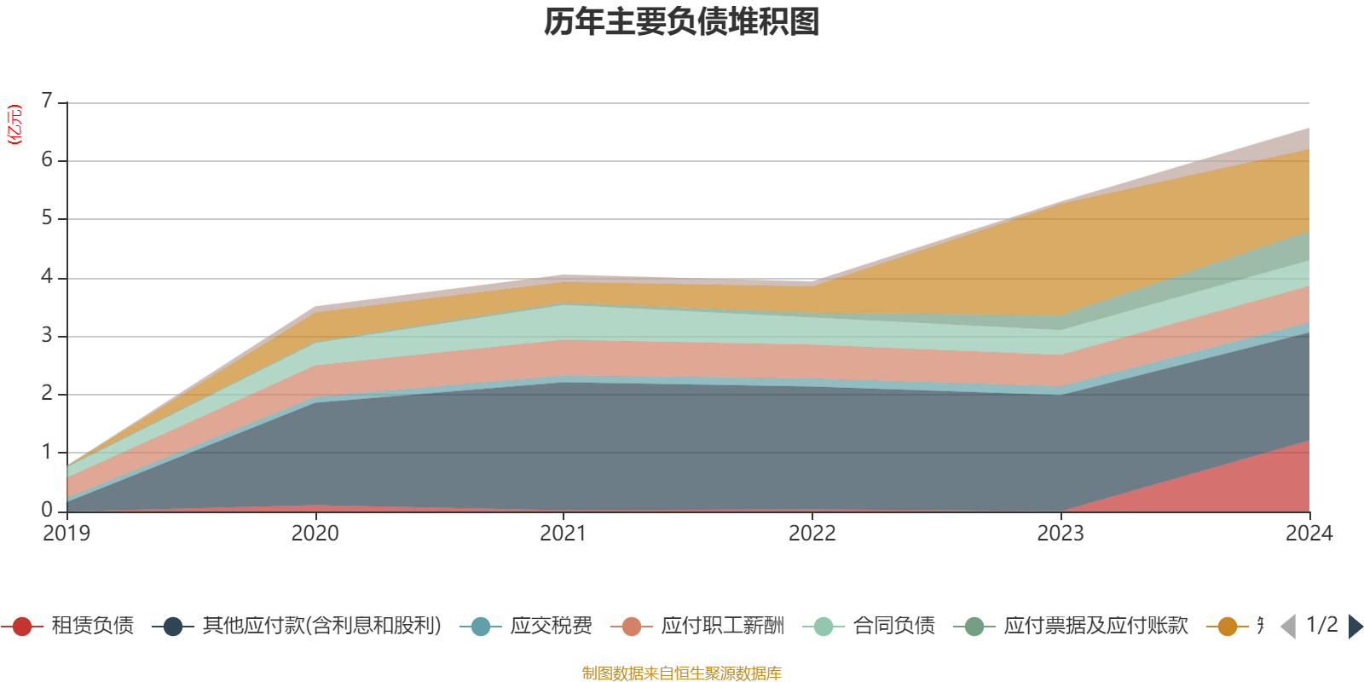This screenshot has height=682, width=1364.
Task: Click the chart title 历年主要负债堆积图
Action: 682,22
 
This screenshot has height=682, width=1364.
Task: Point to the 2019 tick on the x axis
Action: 66,533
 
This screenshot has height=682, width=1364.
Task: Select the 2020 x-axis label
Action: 315,533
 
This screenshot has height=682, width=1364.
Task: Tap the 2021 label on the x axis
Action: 564,533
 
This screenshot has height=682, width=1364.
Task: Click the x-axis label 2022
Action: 812,533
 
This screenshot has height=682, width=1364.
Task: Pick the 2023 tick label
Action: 1061,533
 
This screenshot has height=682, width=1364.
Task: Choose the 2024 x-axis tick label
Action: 1309,533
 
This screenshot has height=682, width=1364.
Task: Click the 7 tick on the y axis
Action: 47,101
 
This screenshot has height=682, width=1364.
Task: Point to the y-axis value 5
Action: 47,218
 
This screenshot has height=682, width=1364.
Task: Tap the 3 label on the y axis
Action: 47,335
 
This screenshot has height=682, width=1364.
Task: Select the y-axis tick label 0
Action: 47,510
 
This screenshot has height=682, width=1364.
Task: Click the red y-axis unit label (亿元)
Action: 14,124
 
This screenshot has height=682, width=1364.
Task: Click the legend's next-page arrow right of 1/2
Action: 1355,627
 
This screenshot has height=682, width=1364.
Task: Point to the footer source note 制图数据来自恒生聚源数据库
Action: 682,673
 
